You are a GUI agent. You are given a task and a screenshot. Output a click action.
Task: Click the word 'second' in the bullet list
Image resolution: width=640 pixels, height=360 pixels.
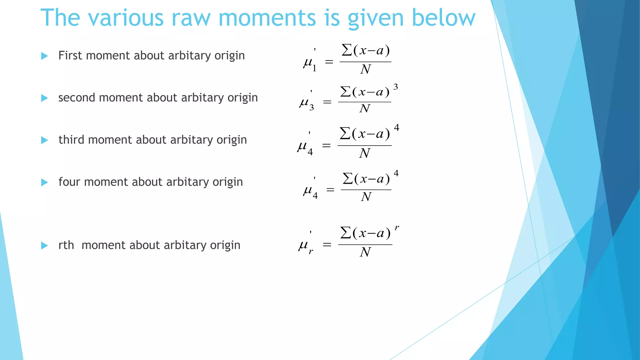(x=77, y=98)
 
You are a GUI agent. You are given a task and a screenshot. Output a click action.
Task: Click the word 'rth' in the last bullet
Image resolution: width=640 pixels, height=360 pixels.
(x=66, y=245)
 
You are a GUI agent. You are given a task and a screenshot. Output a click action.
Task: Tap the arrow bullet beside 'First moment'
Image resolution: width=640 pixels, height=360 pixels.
(x=45, y=56)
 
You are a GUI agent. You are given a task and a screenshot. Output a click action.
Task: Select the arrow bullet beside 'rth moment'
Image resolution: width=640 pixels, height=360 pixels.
(x=45, y=246)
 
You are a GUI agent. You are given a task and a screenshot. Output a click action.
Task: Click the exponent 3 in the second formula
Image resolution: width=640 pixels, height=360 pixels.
(x=396, y=87)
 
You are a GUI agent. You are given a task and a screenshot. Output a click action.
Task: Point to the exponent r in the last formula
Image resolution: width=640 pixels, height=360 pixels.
(x=397, y=228)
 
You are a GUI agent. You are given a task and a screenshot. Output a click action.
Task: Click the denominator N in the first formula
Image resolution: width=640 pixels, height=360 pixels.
(x=365, y=69)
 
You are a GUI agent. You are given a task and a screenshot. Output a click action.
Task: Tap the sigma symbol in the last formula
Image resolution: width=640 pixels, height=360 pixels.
(x=345, y=233)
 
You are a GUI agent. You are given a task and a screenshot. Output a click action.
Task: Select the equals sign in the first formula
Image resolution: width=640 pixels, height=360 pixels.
(x=329, y=62)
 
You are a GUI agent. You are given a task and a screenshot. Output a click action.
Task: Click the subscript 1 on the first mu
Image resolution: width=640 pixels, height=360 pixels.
(x=314, y=68)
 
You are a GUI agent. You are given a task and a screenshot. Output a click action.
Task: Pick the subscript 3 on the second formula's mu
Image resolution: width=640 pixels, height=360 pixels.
(x=312, y=108)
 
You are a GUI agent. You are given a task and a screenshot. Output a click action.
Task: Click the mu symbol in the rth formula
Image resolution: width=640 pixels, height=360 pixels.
(x=303, y=245)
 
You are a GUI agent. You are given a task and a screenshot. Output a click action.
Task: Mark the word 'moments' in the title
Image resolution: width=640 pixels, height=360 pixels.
(x=267, y=18)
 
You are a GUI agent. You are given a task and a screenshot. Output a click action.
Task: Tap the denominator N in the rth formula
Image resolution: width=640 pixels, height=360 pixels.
(x=365, y=252)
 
